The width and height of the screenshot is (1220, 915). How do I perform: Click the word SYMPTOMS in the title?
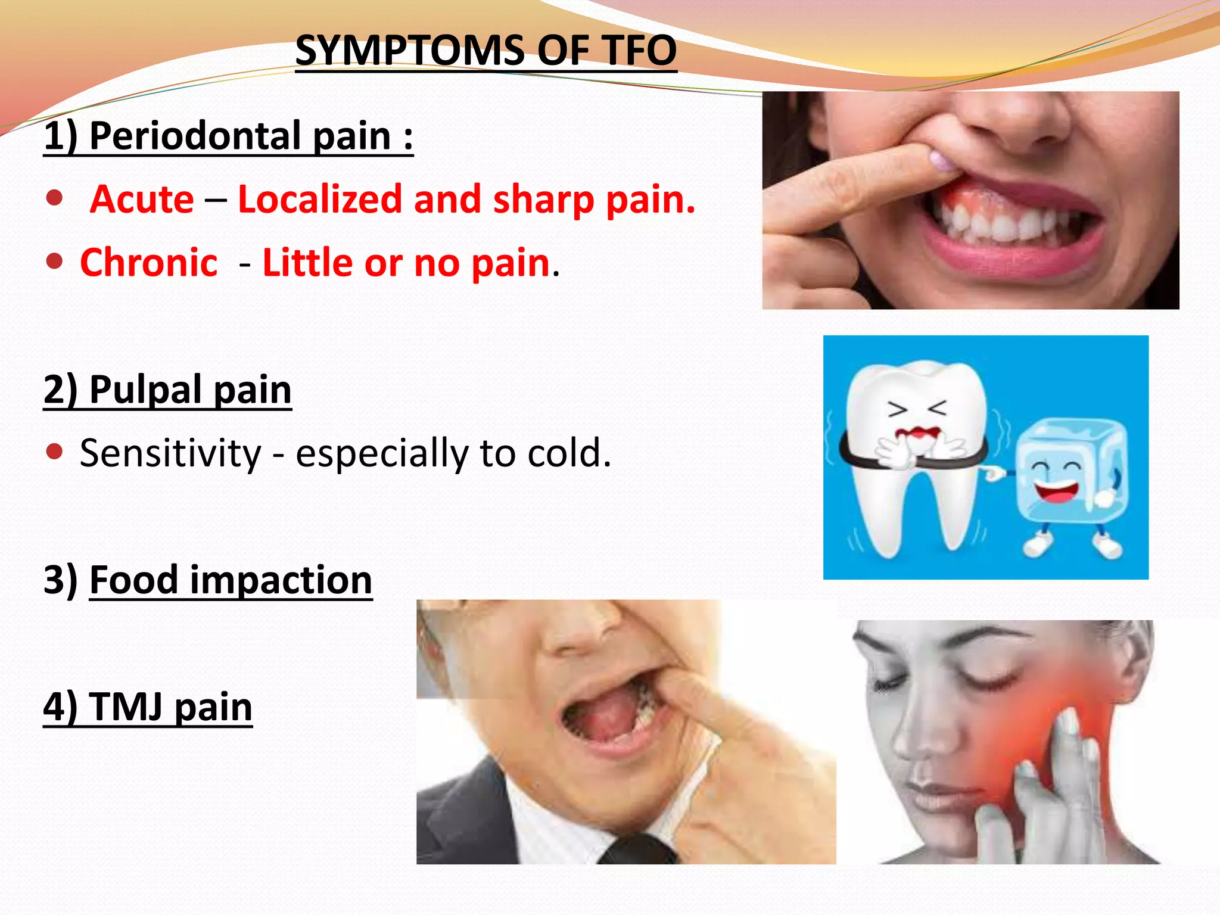[x=410, y=51]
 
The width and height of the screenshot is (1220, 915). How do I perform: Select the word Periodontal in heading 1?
[x=195, y=136]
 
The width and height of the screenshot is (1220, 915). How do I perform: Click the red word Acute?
[x=142, y=199]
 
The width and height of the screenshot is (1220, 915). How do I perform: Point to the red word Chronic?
[x=149, y=263]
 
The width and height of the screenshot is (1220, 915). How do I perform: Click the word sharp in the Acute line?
[x=543, y=199]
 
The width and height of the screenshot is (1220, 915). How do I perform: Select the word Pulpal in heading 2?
[x=146, y=390]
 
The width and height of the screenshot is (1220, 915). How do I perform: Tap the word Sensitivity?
[x=170, y=453]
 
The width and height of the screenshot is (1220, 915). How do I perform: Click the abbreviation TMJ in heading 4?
[x=126, y=707]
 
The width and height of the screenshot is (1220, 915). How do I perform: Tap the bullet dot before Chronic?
[x=54, y=261]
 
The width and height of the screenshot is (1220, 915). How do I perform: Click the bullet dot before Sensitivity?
[x=54, y=452]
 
